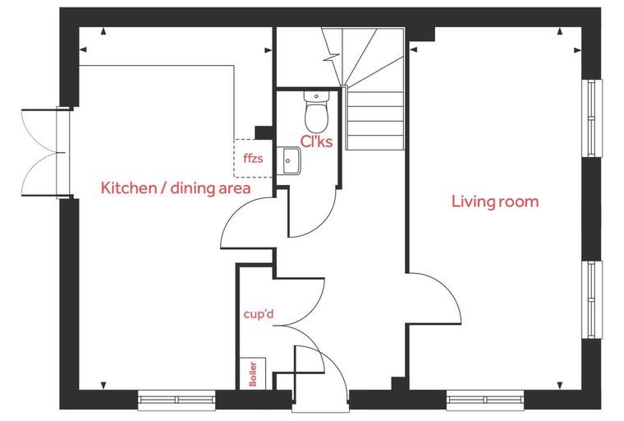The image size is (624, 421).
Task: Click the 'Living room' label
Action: [495, 201]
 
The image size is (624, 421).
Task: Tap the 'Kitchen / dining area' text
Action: [176, 188]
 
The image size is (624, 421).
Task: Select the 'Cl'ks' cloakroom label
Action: [316, 141]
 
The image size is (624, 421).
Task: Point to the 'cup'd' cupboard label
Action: [259, 314]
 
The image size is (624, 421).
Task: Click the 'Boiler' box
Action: [253, 373]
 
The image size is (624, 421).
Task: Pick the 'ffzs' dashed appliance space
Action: [253, 158]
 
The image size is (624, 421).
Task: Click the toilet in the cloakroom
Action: [316, 112]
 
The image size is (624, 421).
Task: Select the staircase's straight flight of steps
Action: [374, 118]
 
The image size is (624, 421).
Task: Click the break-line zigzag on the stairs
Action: [332, 58]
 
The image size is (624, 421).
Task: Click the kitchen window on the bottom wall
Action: [177, 400]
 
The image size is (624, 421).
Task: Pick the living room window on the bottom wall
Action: [485, 400]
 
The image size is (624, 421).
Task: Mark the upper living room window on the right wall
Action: [592, 118]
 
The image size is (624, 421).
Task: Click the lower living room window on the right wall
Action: [592, 300]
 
